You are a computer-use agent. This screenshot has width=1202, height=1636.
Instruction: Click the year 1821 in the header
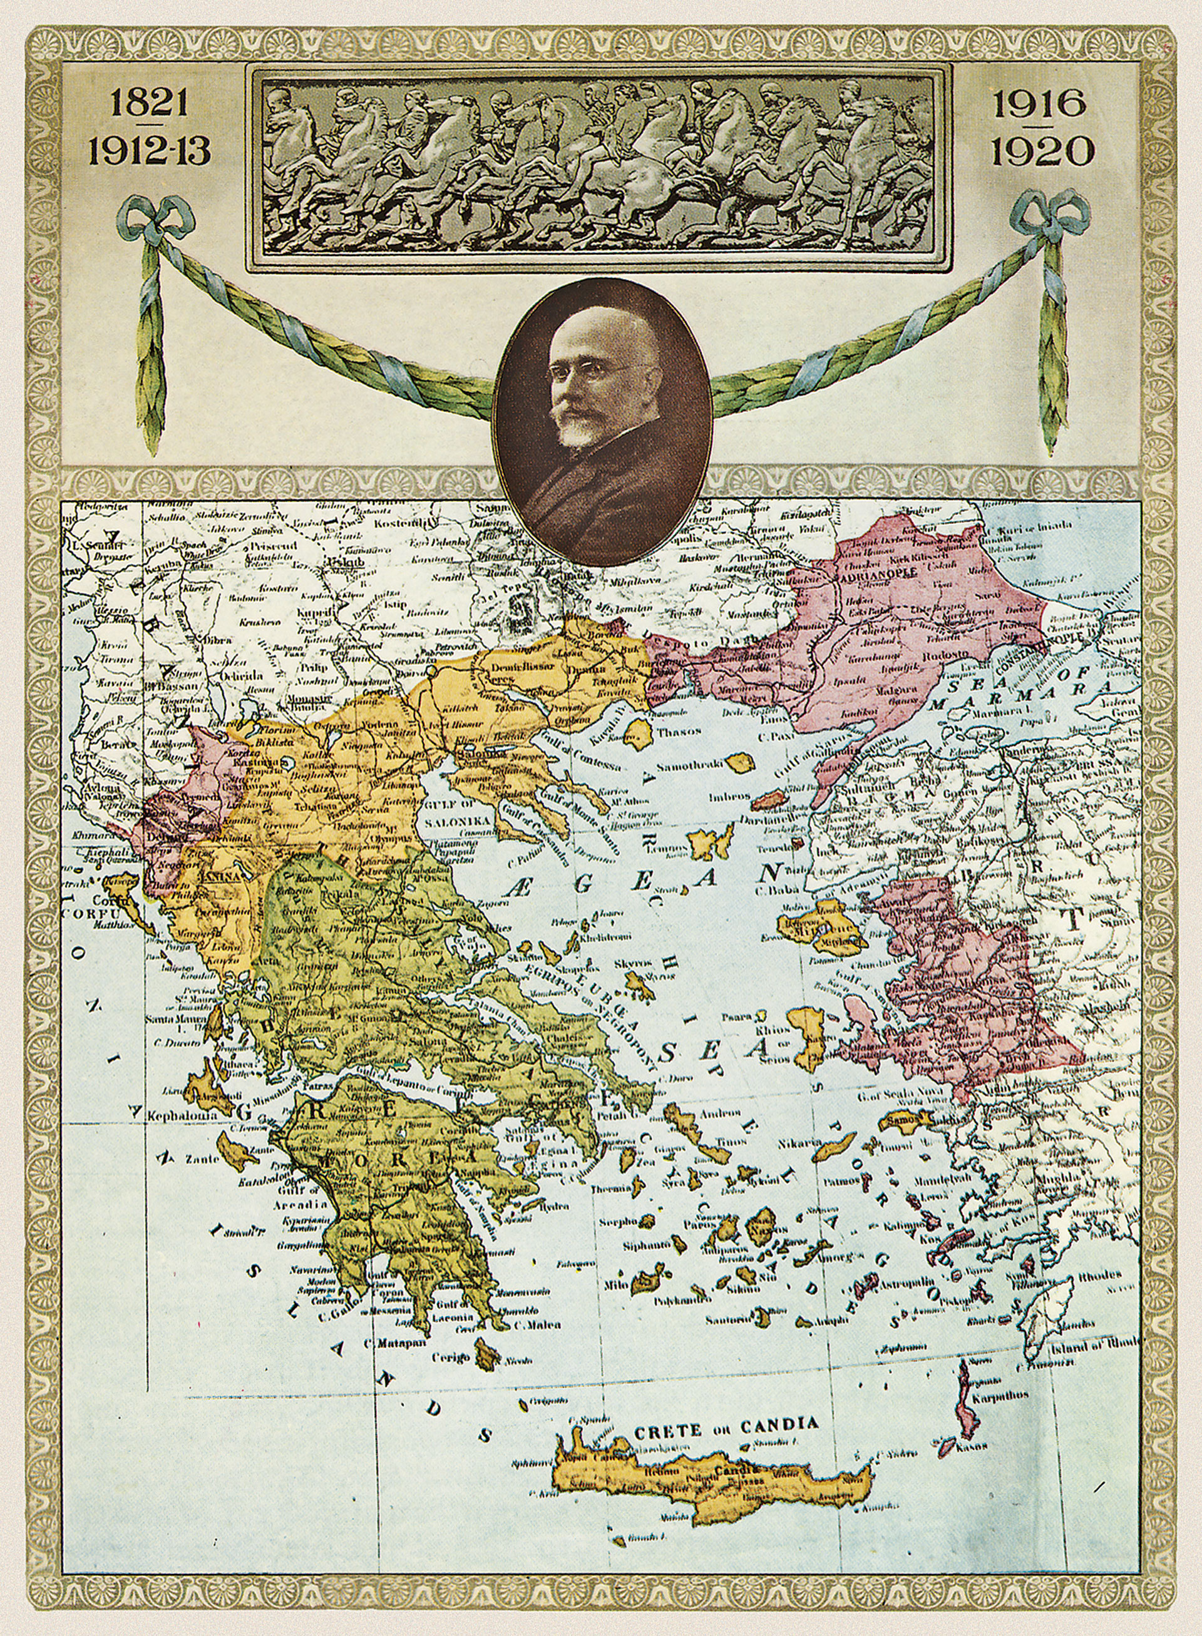tap(149, 105)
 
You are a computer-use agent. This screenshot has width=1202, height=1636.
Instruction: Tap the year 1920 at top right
tap(1042, 152)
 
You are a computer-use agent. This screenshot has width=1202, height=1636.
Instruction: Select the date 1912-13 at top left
tap(149, 152)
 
